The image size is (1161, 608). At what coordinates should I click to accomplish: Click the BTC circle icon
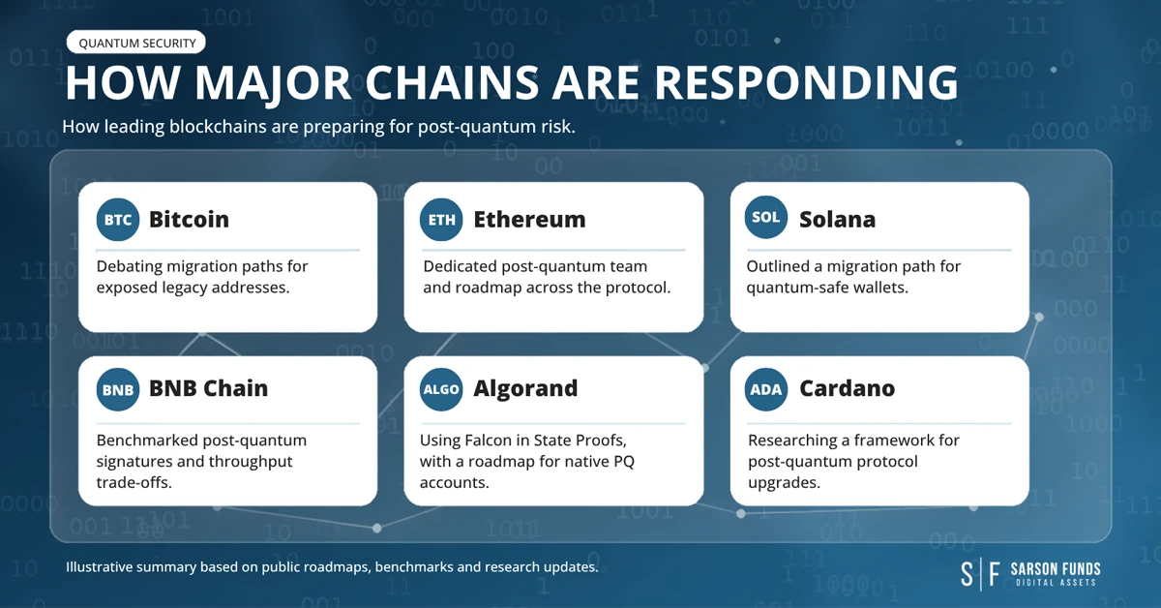coord(118,220)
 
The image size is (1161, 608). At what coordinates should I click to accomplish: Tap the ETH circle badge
coord(441,220)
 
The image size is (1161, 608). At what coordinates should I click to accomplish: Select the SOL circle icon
coord(766,217)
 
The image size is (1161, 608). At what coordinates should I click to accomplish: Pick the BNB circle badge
coord(118,389)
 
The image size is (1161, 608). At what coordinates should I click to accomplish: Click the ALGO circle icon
coord(441,389)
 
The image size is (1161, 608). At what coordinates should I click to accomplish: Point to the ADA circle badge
coord(766,389)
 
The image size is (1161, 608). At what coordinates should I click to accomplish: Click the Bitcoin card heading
coord(189,220)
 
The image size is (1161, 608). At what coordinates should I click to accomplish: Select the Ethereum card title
coord(529,220)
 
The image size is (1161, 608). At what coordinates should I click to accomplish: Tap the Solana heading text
coord(837,220)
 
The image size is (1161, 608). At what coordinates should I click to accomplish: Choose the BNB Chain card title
coord(208,388)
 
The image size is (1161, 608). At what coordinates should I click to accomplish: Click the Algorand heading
coord(525,389)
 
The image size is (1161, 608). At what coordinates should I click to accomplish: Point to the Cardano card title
coord(847,388)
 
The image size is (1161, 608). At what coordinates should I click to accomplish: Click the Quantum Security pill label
coord(136,43)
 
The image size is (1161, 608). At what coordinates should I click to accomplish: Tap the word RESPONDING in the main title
coord(806,82)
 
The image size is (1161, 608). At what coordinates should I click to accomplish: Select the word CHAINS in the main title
coord(453,82)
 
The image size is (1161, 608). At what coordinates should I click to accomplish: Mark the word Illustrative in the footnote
coord(99,567)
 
